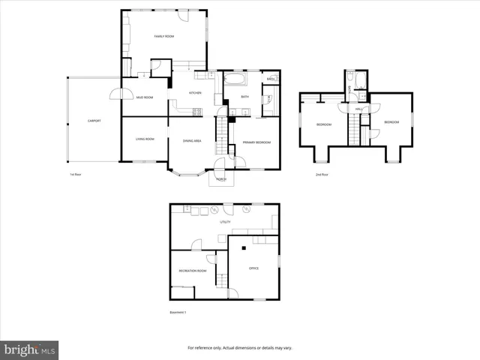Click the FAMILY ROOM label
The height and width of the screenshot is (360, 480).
pos(164,36)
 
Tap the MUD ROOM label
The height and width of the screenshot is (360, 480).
pos(145,97)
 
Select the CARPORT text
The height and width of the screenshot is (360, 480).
pos(94,121)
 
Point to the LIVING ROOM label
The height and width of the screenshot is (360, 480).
pos(145,139)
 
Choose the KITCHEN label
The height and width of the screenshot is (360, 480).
pos(195,92)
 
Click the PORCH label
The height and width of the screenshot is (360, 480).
pos(221,179)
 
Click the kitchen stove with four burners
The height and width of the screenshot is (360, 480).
pos(198,112)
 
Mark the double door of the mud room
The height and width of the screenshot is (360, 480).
pos(117,94)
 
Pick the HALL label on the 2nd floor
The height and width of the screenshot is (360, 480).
pos(359,109)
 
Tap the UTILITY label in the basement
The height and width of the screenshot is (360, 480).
pos(224,223)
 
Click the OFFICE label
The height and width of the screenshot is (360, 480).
pos(253,268)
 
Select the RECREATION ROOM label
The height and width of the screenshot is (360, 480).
pos(192,271)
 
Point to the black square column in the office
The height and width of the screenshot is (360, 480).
pos(244,247)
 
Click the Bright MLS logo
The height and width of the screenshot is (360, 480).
pos(30,349)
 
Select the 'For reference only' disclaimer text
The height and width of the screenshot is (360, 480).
pos(239,348)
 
